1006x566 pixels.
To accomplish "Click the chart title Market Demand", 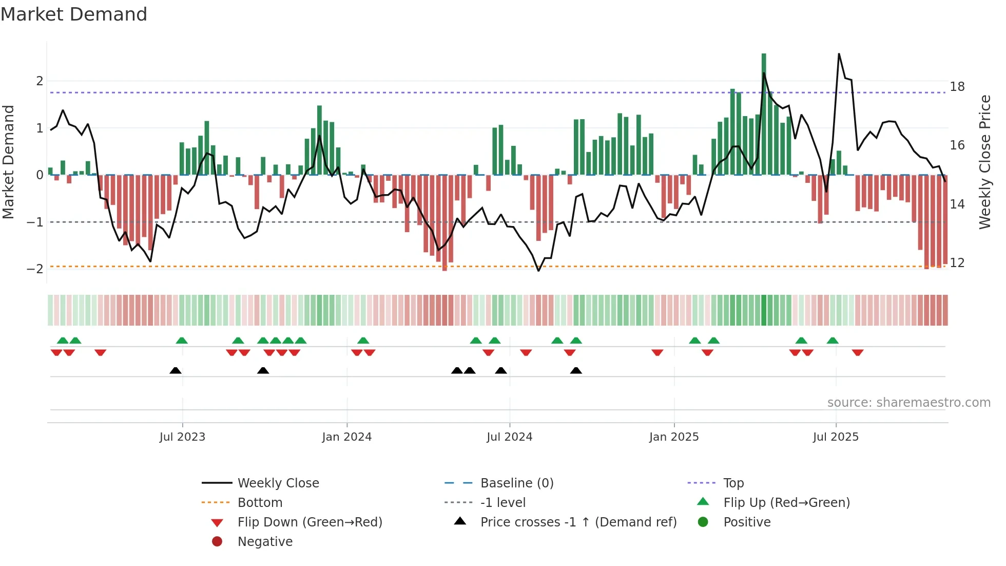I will (74, 14).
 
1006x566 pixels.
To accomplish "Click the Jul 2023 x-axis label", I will (182, 437).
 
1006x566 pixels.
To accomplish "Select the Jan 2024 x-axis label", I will (347, 437).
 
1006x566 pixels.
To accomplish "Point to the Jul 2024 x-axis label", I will (510, 437).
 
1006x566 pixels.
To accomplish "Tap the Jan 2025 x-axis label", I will (674, 437).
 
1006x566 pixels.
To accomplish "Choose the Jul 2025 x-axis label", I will (836, 437).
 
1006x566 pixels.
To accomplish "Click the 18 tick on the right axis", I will (957, 86).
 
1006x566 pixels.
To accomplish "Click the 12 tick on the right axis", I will (957, 263).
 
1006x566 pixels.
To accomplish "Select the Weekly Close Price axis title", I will (985, 162).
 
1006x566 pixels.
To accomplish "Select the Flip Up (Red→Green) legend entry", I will (786, 503).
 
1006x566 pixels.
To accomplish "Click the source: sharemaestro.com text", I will (908, 403).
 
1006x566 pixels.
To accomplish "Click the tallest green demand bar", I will (764, 113).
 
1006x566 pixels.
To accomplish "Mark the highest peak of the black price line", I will (839, 54).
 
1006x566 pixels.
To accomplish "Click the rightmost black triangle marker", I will (576, 371).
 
